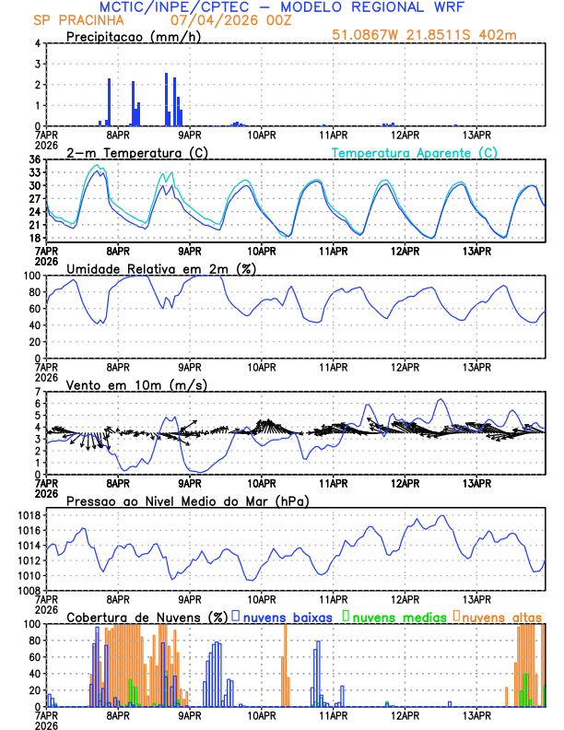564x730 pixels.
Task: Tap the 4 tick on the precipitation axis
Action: click(x=38, y=44)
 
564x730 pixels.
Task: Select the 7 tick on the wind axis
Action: click(x=38, y=393)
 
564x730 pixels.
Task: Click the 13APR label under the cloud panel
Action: click(x=476, y=715)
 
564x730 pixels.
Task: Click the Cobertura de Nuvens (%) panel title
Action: click(x=147, y=617)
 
